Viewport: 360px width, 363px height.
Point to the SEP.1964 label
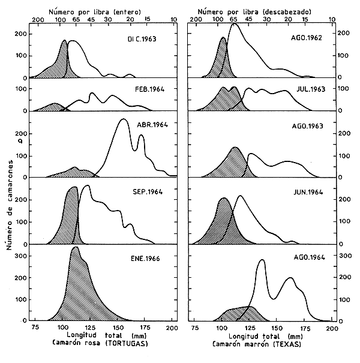coord(144,193)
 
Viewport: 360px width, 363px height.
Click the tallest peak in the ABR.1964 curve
coord(123,120)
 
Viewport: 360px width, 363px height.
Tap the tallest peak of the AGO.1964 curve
coord(262,260)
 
